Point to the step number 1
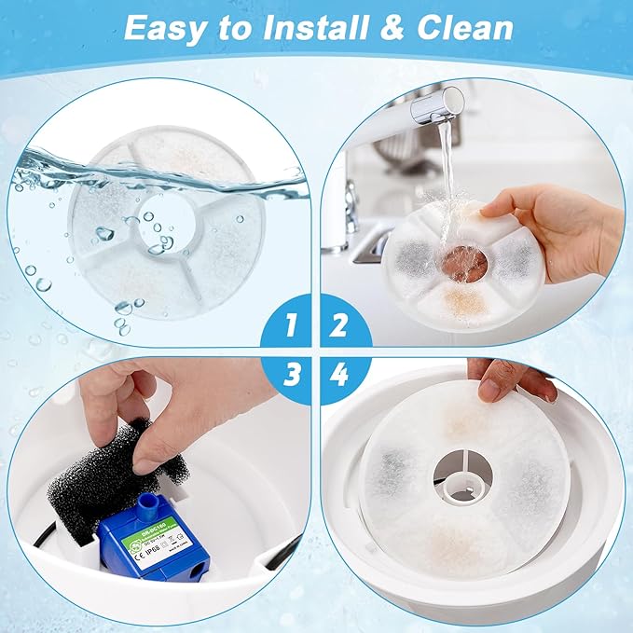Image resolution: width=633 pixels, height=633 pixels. click(291, 325)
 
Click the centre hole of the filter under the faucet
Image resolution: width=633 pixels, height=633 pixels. click(463, 263)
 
